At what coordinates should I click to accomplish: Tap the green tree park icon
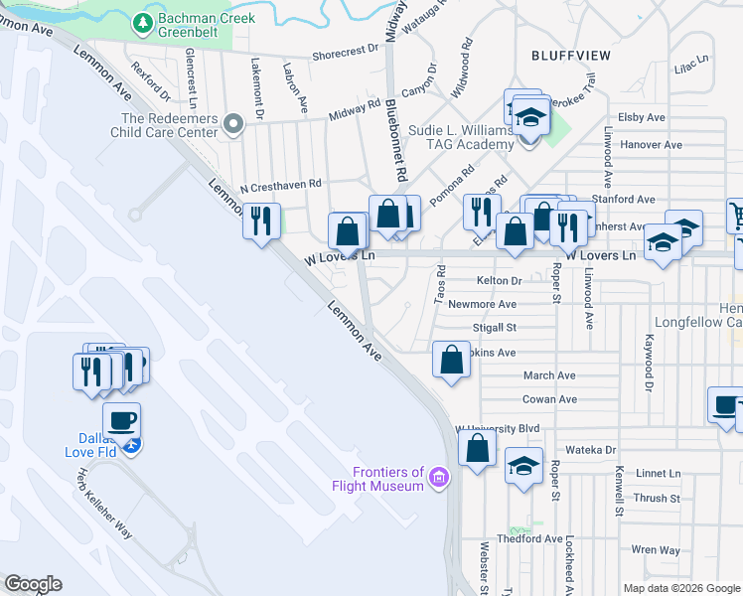tap(144, 21)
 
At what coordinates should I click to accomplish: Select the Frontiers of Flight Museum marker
tap(437, 481)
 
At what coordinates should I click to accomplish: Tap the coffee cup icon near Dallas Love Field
tap(121, 419)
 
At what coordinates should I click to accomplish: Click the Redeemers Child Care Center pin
tap(233, 124)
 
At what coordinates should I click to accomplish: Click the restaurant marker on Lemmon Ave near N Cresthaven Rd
tap(261, 220)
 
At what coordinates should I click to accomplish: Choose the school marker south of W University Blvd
tap(523, 464)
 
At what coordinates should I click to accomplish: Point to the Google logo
tap(33, 584)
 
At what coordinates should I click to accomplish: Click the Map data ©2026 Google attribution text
tap(680, 588)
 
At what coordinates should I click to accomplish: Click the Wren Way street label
tap(656, 549)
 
